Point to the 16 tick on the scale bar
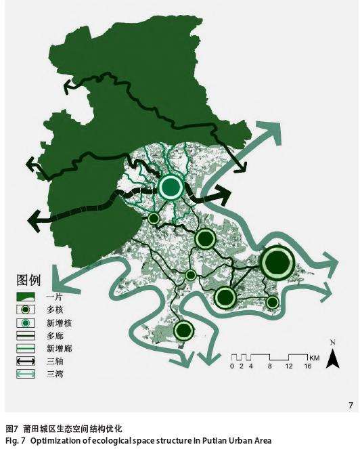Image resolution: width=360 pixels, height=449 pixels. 307,366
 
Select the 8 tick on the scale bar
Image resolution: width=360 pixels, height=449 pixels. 269,366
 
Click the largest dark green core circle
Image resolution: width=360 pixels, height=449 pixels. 277,263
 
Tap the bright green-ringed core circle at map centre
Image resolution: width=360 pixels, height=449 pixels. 171,186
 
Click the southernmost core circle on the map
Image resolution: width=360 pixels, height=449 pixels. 183,330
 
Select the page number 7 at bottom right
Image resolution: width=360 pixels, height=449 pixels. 351,406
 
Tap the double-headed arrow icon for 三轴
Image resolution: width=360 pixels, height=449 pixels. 26,361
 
